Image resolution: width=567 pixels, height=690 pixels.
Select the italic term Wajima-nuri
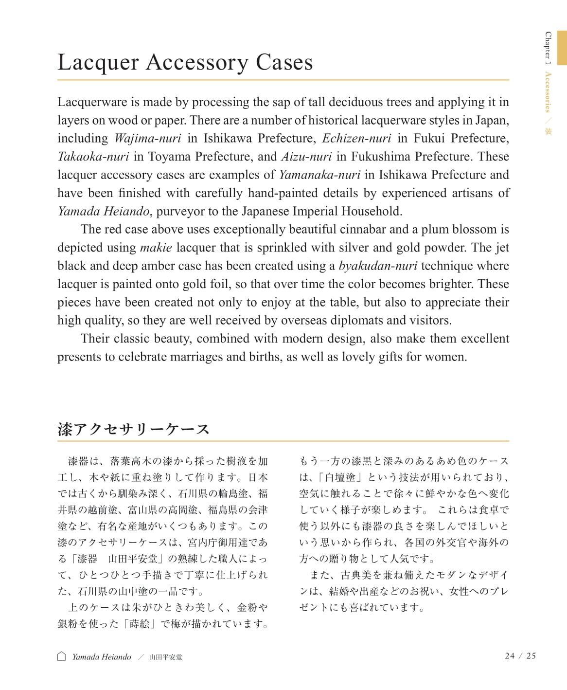147,138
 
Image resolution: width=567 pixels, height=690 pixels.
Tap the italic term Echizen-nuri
356,138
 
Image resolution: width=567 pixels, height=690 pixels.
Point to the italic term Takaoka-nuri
93,157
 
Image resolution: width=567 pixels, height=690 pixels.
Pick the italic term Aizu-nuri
306,157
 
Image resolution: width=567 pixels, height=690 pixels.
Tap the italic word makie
156,248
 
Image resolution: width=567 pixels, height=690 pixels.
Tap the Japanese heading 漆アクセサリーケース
134,429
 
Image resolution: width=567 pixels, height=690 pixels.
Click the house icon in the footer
62,656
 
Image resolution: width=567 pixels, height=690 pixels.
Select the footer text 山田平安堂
165,657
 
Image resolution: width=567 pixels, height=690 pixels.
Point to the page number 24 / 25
520,656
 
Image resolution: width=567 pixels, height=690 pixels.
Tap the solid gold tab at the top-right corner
562,47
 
